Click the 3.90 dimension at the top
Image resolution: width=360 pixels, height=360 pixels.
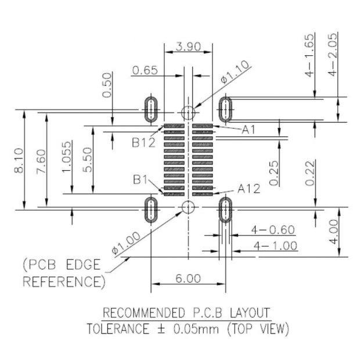coord(188,46)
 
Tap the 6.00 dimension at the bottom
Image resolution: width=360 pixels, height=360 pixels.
coord(188,279)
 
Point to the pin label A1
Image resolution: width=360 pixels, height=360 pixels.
coord(249,129)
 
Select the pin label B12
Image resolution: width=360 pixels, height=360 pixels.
coord(143,142)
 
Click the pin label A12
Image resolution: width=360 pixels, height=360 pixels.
coord(249,188)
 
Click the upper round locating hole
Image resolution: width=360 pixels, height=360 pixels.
coord(188,112)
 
